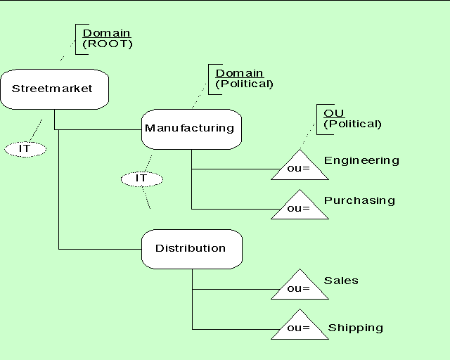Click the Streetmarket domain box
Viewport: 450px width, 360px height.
tap(54, 89)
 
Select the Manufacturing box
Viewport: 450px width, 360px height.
tap(191, 129)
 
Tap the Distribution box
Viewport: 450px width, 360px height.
tap(191, 248)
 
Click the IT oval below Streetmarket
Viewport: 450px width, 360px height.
tap(25, 149)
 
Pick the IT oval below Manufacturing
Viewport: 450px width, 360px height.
tap(141, 179)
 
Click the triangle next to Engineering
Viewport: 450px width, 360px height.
tap(300, 167)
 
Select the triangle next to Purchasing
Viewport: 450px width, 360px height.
tap(300, 207)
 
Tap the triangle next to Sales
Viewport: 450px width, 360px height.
tap(300, 287)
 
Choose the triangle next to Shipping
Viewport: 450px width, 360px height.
tap(300, 327)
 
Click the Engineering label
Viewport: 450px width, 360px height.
tap(361, 160)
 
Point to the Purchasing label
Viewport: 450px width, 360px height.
tap(359, 200)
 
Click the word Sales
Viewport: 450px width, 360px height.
tap(341, 281)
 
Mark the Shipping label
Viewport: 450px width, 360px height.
tap(356, 328)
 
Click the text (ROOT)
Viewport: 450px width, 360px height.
tap(108, 44)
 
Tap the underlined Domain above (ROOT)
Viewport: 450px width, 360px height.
tap(107, 33)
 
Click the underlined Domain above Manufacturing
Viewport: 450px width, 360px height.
tap(239, 73)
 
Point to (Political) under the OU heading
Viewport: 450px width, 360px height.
tap(352, 124)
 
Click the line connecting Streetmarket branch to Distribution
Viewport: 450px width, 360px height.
tap(98, 249)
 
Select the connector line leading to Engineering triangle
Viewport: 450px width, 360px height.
tap(232, 169)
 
